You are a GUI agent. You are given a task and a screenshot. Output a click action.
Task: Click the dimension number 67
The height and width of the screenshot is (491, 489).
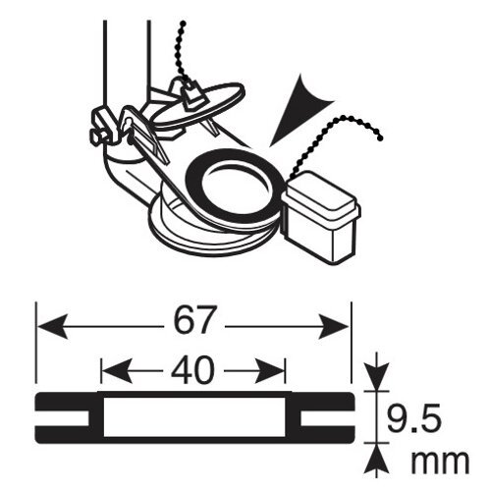[x=194, y=319]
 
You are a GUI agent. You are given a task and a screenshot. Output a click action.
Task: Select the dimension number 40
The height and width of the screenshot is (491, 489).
[x=192, y=370]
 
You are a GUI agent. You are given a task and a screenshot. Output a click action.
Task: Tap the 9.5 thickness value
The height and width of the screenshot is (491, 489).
[x=413, y=419]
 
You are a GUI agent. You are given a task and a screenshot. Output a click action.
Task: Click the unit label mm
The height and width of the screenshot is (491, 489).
[x=440, y=462]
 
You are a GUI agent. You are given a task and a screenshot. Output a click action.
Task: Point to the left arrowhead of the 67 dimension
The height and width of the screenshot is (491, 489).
[x=52, y=326]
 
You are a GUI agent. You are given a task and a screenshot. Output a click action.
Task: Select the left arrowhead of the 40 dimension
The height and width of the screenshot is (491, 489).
[x=117, y=371]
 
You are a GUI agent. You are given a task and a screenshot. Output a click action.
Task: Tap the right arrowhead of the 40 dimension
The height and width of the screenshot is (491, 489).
[x=270, y=371]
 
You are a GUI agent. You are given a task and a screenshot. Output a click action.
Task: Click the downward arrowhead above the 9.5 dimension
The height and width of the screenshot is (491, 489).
[x=378, y=376]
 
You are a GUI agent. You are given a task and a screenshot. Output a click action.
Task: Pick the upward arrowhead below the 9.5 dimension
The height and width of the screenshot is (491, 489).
[x=378, y=459]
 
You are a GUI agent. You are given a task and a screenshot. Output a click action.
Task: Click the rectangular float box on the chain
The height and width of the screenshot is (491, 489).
[x=321, y=217]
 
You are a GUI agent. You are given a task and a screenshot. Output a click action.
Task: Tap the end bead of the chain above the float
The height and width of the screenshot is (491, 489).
[x=380, y=138]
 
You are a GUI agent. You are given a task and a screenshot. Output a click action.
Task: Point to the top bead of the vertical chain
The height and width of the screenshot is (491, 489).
[x=184, y=24]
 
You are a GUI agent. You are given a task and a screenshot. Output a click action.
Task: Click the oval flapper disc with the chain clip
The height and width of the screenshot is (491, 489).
[x=199, y=105]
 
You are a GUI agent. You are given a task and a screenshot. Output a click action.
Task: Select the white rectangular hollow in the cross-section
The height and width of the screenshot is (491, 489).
[x=194, y=417]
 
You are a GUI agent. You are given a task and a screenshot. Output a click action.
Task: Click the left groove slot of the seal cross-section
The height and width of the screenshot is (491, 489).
[x=62, y=417]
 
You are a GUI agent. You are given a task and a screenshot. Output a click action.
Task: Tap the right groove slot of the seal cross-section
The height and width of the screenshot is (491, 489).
[x=328, y=417]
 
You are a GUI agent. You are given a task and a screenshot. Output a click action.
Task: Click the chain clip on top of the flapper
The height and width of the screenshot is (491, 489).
[x=191, y=94]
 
